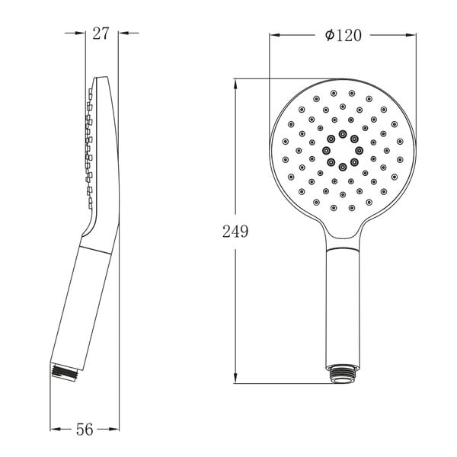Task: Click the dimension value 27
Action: click(101, 33)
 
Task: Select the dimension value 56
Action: click(85, 430)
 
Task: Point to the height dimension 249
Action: click(236, 232)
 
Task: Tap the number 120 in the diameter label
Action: click(346, 34)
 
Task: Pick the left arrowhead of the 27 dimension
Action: click(80, 33)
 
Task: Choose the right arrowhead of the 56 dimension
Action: click(115, 430)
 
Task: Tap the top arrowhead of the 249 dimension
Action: click(235, 82)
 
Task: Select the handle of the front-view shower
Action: click(342, 305)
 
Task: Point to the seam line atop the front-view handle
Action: click(342, 248)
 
